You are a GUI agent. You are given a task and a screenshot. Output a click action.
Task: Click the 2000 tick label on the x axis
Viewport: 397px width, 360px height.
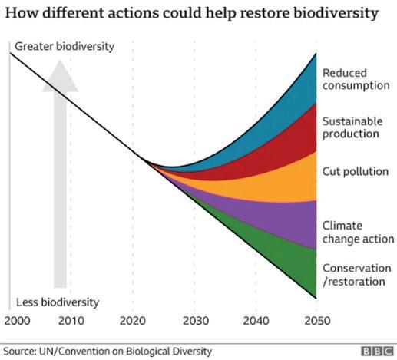point(18,321)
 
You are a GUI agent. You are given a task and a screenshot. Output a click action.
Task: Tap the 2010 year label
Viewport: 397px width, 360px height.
point(71,321)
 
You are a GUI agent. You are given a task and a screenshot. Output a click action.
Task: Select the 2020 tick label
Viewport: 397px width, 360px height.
point(133,321)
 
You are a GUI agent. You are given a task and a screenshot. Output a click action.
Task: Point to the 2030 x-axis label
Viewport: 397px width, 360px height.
point(196,321)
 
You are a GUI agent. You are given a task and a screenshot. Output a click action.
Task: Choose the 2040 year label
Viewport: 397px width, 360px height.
point(256,321)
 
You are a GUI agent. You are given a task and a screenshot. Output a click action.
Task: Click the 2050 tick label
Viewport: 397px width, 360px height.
point(317,321)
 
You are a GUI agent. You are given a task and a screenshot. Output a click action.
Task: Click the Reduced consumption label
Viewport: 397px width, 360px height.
point(356,79)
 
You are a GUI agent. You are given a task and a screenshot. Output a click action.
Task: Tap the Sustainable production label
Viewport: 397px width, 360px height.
point(352,127)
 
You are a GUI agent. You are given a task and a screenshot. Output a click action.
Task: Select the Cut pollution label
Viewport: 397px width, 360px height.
point(356,171)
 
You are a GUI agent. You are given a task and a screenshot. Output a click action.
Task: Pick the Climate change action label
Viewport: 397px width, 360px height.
point(358,233)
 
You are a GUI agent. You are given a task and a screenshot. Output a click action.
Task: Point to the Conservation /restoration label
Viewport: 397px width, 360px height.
point(357,275)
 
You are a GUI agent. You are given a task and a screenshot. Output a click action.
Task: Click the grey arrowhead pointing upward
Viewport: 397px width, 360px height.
point(60,77)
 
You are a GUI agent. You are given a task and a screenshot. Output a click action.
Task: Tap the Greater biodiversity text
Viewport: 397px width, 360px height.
point(65,47)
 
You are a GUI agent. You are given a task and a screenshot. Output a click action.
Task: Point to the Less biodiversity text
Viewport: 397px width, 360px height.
point(58,302)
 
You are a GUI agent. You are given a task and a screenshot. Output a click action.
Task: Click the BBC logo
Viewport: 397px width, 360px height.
point(377,352)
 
